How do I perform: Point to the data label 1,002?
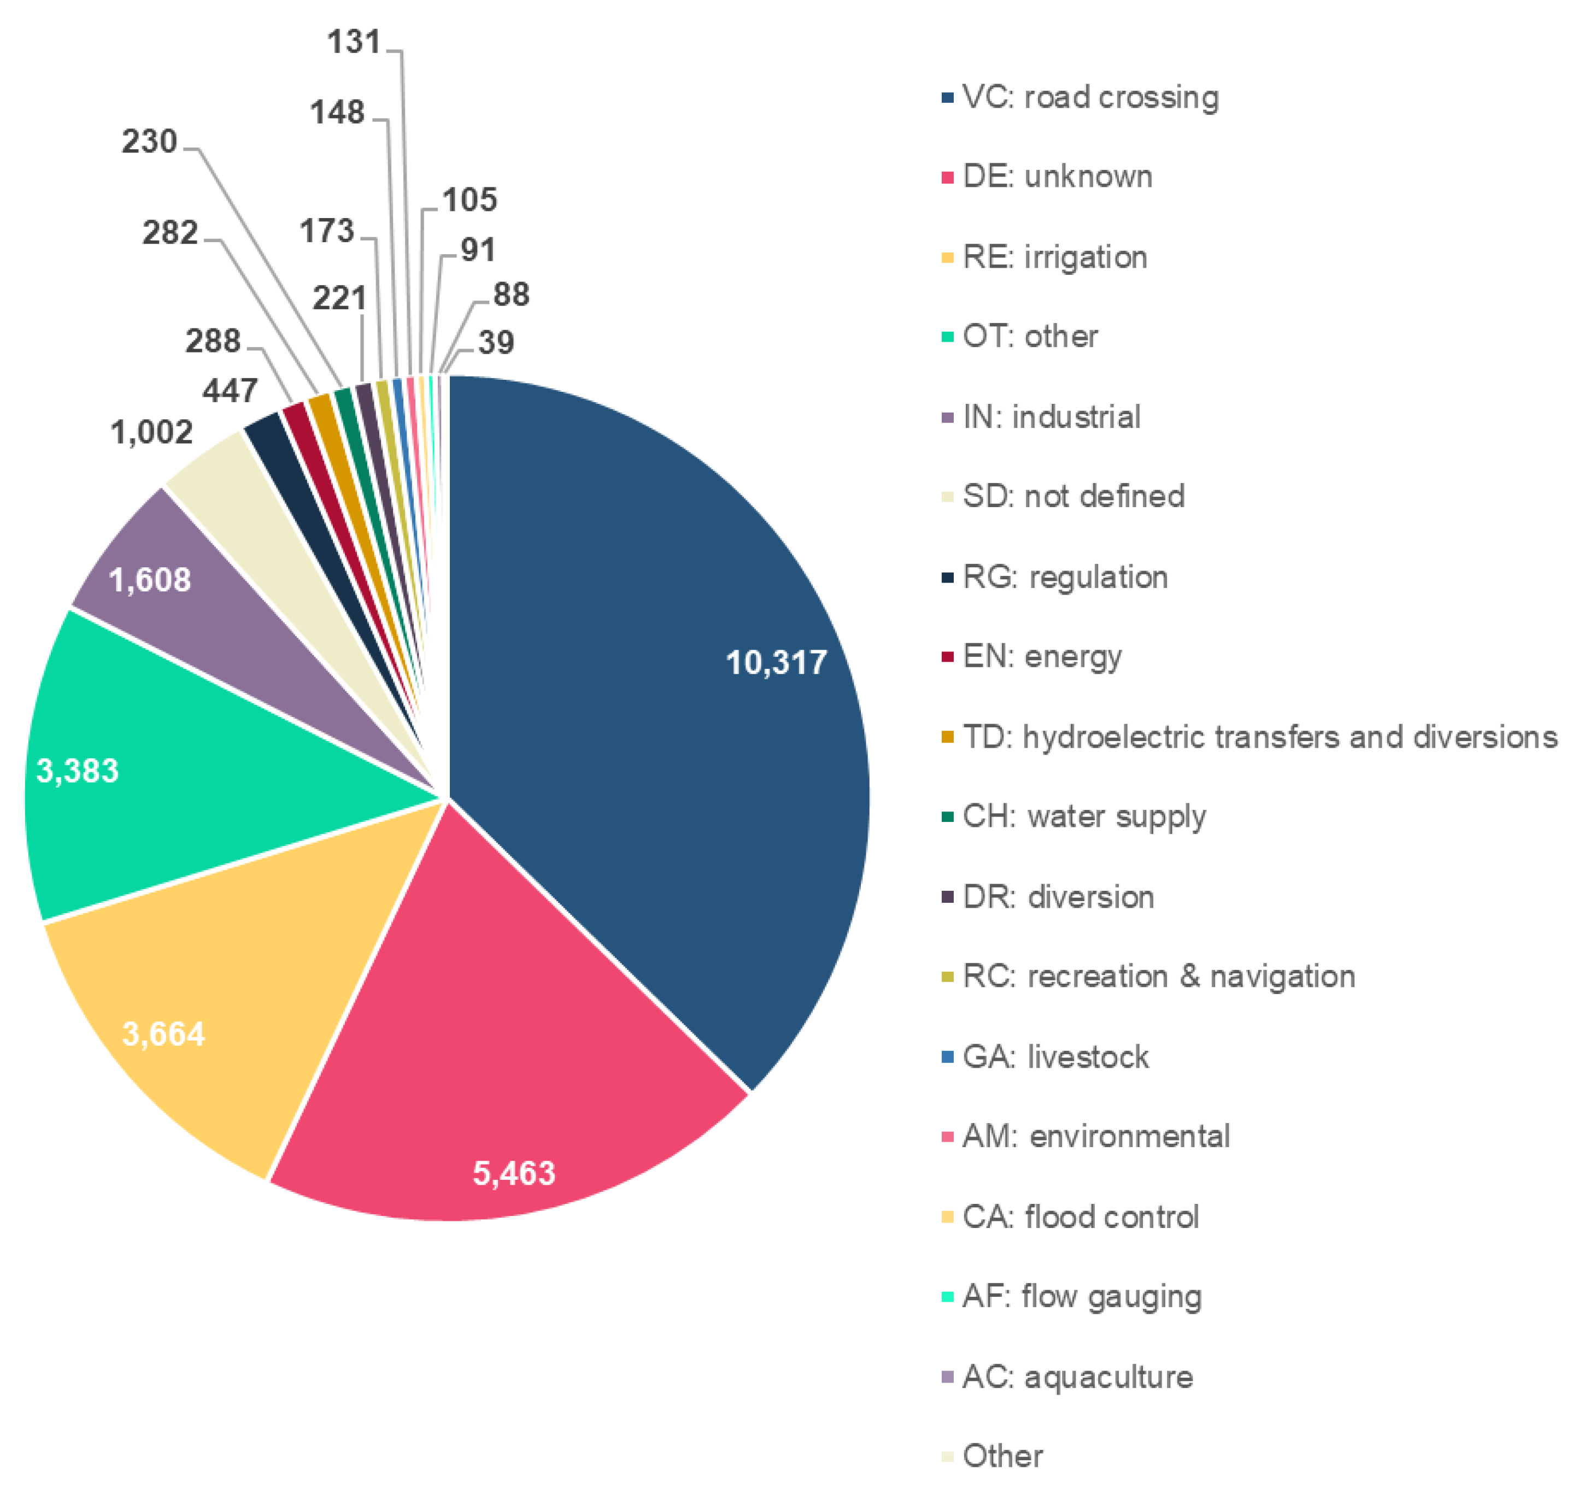(151, 433)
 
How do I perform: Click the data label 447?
(230, 391)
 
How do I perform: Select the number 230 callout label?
(149, 142)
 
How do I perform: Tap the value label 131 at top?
(354, 42)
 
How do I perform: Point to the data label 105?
(470, 200)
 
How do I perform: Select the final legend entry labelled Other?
(1002, 1456)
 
